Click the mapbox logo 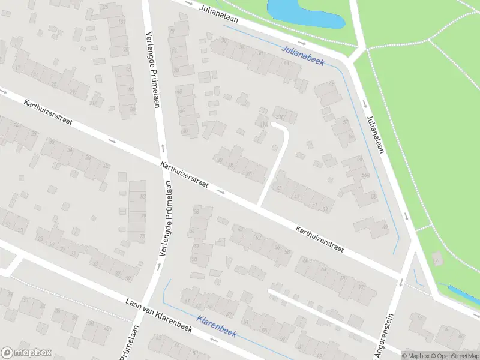26,353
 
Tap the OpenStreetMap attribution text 454,355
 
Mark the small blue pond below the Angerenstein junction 463,293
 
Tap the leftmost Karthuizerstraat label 48,112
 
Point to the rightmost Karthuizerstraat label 319,239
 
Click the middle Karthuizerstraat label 184,175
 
